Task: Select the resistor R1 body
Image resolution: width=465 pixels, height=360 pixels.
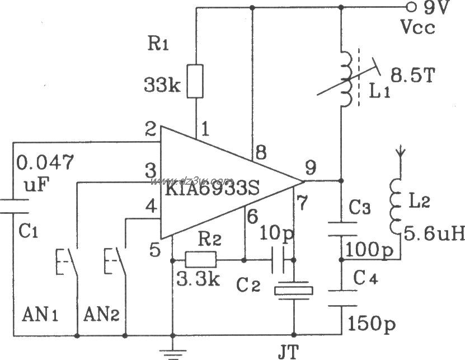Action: (x=196, y=81)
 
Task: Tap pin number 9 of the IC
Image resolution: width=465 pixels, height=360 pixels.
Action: (x=311, y=167)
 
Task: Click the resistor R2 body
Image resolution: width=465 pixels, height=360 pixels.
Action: (x=200, y=259)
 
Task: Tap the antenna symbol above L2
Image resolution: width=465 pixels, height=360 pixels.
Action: (x=400, y=151)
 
